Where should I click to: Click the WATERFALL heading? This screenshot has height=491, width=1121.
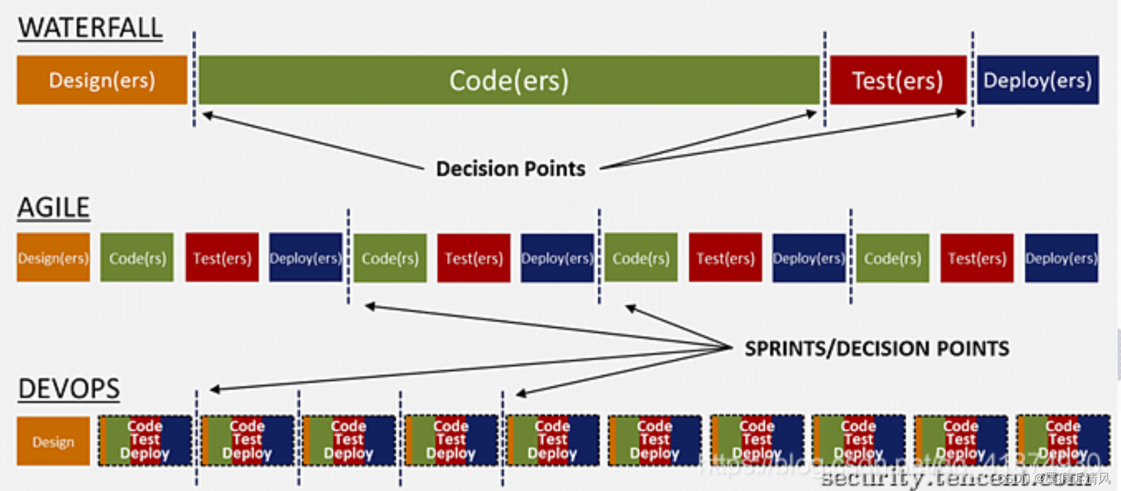point(90,28)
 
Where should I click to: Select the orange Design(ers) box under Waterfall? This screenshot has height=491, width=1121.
point(102,80)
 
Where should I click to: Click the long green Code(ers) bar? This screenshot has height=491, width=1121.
point(509,80)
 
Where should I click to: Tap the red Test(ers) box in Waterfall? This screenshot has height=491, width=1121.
point(898,80)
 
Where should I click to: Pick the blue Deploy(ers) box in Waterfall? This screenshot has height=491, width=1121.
point(1038,80)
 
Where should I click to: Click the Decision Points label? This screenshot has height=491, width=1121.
point(511,169)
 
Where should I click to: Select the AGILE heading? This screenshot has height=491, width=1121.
point(54,207)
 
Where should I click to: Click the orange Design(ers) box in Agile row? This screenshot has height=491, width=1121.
point(53,258)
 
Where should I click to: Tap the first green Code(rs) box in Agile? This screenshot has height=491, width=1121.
point(137,258)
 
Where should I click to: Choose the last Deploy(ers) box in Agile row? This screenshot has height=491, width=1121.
point(1061,258)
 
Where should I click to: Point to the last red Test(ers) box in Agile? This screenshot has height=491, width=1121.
point(977,258)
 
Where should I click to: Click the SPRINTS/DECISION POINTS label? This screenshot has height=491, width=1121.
point(877,349)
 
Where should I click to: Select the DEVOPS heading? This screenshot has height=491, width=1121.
point(69,389)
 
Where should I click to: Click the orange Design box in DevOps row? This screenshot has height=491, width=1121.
point(53,441)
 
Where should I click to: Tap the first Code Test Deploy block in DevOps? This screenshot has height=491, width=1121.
point(145,441)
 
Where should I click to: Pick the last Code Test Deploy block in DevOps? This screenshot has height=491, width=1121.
point(1063,441)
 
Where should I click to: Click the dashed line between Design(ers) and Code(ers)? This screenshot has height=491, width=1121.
point(194,80)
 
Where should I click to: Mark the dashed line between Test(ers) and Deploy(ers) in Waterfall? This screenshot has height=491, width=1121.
point(972,80)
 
